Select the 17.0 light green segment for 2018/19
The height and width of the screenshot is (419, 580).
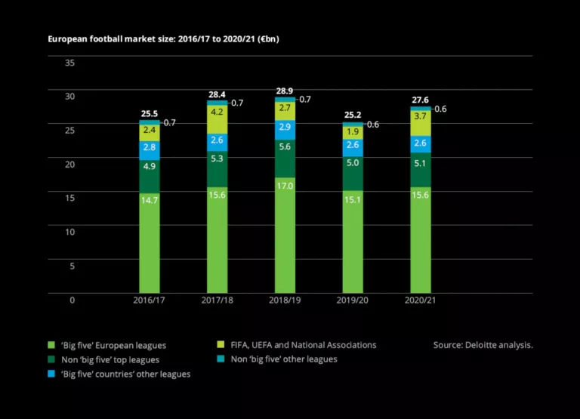point(285,234)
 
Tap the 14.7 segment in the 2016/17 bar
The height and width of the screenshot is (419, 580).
point(150,242)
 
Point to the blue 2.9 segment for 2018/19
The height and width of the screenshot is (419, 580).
point(285,127)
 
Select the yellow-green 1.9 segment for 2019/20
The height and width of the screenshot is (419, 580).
point(353,132)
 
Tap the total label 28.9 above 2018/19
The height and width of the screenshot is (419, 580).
point(285,90)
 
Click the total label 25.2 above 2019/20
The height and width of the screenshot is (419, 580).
point(353,115)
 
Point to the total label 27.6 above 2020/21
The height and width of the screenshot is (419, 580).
point(421,99)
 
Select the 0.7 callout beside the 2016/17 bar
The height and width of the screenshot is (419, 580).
point(170,122)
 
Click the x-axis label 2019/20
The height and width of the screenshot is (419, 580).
point(353,300)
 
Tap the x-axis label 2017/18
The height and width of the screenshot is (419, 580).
point(217,300)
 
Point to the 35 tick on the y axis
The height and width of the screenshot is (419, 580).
point(70,63)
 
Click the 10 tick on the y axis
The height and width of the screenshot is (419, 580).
point(70,232)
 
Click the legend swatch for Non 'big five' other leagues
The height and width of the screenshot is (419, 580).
point(221,359)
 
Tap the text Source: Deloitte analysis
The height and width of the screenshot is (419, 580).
point(483,345)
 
